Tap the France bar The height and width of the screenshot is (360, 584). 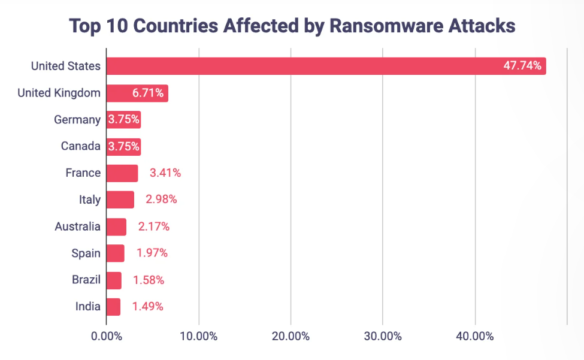point(122,173)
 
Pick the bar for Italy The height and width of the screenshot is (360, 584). point(120,199)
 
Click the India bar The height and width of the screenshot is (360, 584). point(113,307)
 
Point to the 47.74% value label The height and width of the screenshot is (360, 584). point(522,66)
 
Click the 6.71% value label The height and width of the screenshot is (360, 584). point(148,93)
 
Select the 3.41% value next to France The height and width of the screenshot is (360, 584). point(165,173)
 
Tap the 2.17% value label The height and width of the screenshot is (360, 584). point(154,226)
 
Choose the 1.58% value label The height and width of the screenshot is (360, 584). point(149,280)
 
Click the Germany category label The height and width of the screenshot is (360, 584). point(77,120)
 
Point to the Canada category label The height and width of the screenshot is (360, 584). point(81,146)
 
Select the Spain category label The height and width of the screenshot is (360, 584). point(86,253)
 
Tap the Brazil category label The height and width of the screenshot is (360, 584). point(86,280)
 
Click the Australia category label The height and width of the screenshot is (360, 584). point(77,226)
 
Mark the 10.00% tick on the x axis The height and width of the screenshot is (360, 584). point(198,336)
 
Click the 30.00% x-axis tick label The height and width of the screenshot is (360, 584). point(383,336)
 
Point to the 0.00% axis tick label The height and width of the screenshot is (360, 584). point(107,336)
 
